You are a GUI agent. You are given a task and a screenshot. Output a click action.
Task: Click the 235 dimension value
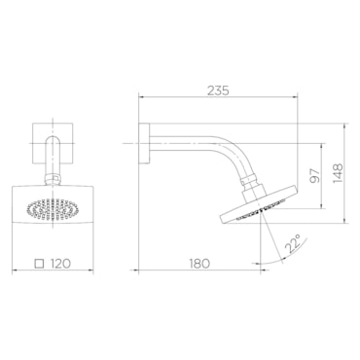[218, 90]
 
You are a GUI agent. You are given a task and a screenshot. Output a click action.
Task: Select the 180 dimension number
[198, 264]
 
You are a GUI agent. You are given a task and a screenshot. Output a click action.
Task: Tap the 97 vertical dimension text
[314, 175]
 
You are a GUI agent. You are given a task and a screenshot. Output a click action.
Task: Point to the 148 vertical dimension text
[338, 173]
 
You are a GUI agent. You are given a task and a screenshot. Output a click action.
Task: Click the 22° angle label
[292, 243]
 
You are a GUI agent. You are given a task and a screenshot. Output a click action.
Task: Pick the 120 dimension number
[60, 264]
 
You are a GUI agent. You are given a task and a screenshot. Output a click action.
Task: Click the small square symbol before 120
[40, 264]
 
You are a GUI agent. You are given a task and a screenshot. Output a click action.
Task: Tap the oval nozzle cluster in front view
[53, 210]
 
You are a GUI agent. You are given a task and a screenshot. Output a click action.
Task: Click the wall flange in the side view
[144, 143]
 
